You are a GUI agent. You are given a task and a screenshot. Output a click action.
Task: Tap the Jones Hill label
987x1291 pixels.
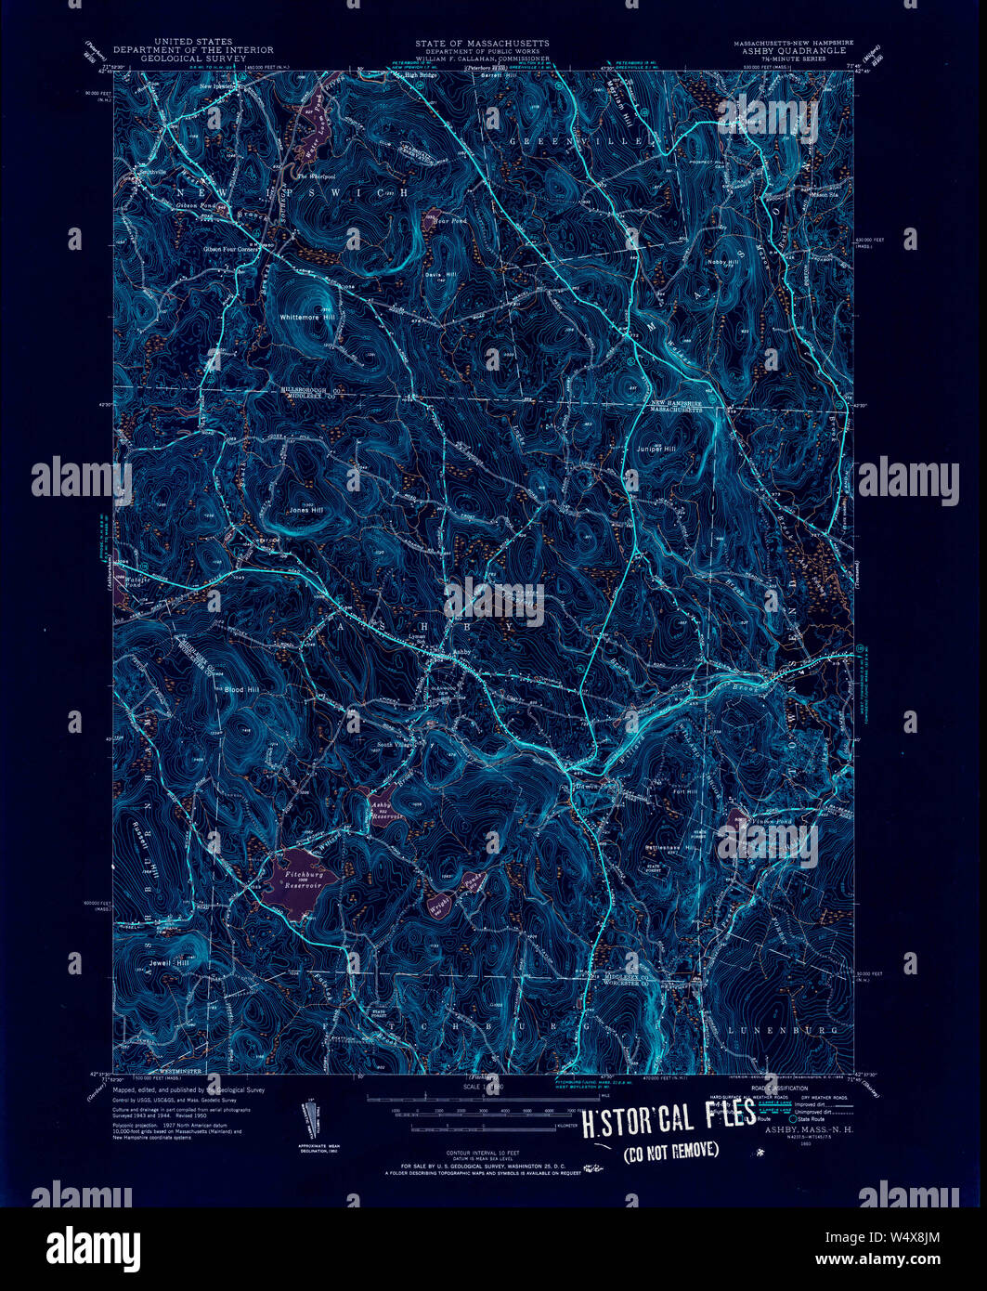(305, 510)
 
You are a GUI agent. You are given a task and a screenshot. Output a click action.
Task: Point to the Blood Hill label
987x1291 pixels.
(241, 689)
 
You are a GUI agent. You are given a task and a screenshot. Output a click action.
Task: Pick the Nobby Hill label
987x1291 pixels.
(721, 263)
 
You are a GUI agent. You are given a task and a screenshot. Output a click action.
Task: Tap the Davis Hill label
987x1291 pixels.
(440, 275)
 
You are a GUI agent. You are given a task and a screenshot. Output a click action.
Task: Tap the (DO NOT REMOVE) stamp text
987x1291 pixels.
(670, 1152)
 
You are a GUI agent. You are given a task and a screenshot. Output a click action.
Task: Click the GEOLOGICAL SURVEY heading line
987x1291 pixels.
(193, 58)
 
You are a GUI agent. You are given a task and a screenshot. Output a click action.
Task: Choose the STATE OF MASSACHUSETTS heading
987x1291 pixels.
(482, 43)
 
